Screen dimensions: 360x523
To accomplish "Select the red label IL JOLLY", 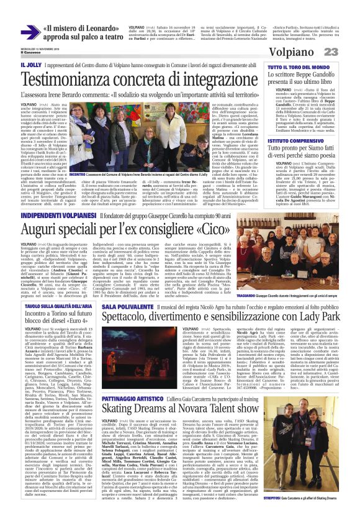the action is click(x=31, y=65).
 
